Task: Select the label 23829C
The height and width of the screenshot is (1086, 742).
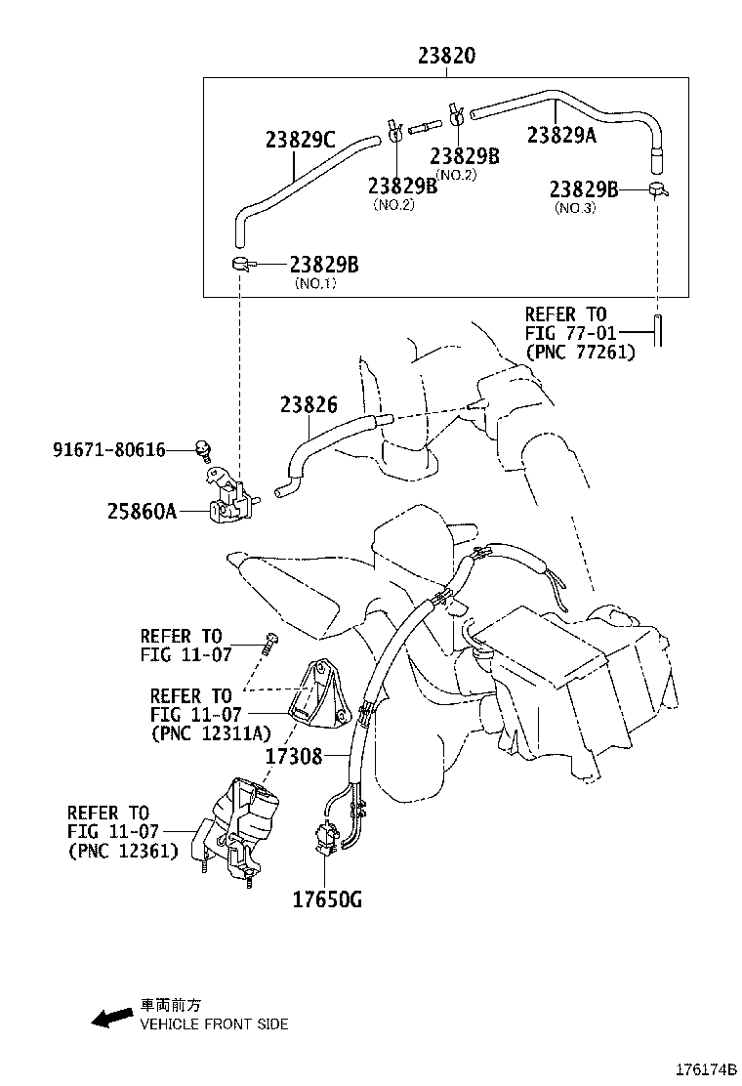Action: pyautogui.click(x=300, y=140)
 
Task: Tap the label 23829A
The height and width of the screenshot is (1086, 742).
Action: pyautogui.click(x=561, y=136)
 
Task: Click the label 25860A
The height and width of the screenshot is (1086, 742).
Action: pyautogui.click(x=142, y=510)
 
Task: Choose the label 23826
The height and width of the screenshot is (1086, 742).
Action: pyautogui.click(x=309, y=402)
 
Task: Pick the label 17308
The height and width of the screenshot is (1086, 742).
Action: pyautogui.click(x=293, y=755)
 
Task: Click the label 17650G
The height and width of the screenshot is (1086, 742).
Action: pyautogui.click(x=327, y=898)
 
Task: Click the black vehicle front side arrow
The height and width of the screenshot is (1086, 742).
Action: pyautogui.click(x=111, y=1018)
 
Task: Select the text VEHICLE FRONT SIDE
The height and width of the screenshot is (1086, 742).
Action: pyautogui.click(x=214, y=1024)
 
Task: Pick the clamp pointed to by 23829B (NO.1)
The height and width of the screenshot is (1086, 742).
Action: pyautogui.click(x=240, y=264)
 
